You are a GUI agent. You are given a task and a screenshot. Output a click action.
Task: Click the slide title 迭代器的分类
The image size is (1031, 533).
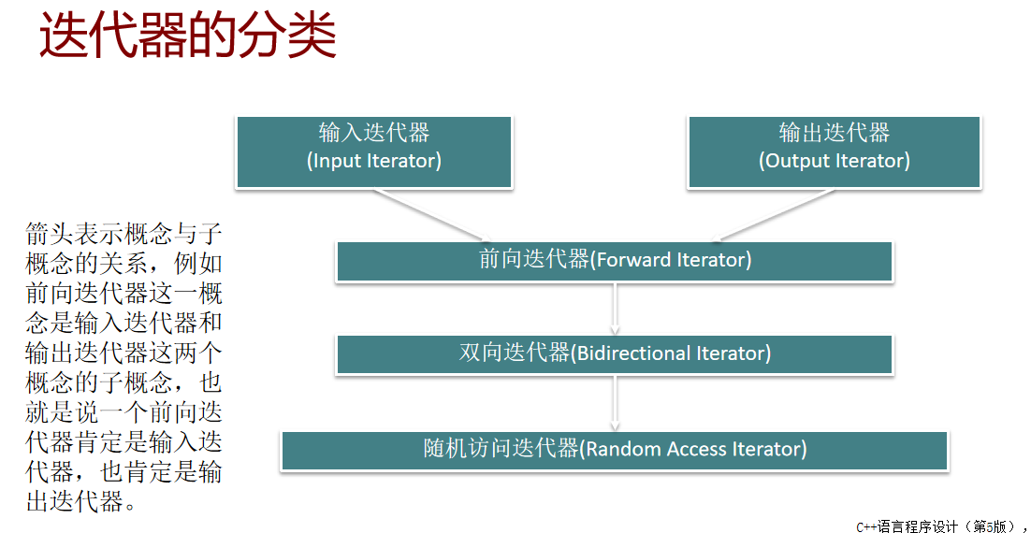point(187,37)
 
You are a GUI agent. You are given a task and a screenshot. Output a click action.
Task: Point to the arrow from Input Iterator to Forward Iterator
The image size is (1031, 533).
point(429,215)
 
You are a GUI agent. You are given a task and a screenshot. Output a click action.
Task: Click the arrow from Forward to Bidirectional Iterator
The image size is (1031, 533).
point(615,308)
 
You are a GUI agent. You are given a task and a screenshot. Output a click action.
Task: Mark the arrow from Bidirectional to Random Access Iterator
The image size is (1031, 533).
point(615,403)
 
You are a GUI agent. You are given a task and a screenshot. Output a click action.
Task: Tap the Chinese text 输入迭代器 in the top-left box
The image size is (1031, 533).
point(373,133)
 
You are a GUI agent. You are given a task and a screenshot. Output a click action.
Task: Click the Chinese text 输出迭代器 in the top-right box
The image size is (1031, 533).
point(834,133)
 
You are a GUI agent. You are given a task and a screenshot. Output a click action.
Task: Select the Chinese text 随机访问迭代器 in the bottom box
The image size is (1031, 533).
point(501,449)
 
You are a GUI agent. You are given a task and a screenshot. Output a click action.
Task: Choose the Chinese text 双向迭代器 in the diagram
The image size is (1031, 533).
point(514,353)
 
